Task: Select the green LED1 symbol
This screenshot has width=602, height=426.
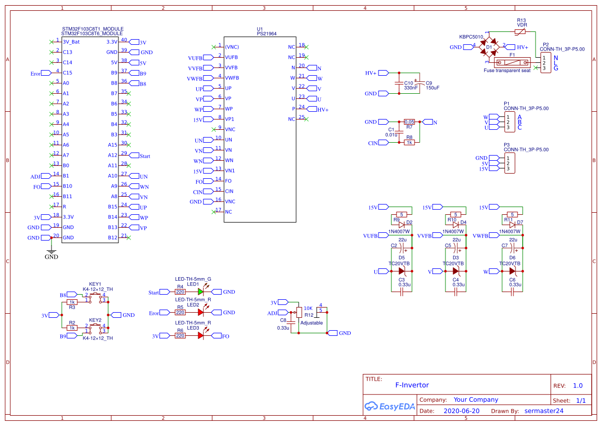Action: [x=200, y=292]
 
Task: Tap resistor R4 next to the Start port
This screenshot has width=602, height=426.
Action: [x=180, y=292]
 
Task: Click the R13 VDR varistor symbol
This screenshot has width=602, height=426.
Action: [x=521, y=32]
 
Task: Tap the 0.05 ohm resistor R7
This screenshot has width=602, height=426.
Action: [x=409, y=122]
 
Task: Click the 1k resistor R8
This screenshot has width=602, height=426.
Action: [x=409, y=142]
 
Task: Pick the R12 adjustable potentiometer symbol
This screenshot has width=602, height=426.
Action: [x=299, y=312]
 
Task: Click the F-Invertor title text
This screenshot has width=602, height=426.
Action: [x=411, y=385]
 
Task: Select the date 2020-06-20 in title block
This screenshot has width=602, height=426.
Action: [x=461, y=411]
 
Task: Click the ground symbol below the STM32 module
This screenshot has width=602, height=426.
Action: [x=51, y=251]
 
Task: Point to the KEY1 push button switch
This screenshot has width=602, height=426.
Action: [x=96, y=296]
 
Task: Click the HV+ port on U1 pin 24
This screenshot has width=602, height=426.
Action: [x=322, y=109]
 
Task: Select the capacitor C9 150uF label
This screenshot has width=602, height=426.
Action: [x=432, y=85]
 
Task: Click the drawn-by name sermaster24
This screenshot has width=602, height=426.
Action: [x=544, y=411]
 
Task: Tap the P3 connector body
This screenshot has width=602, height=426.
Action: [x=509, y=163]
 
